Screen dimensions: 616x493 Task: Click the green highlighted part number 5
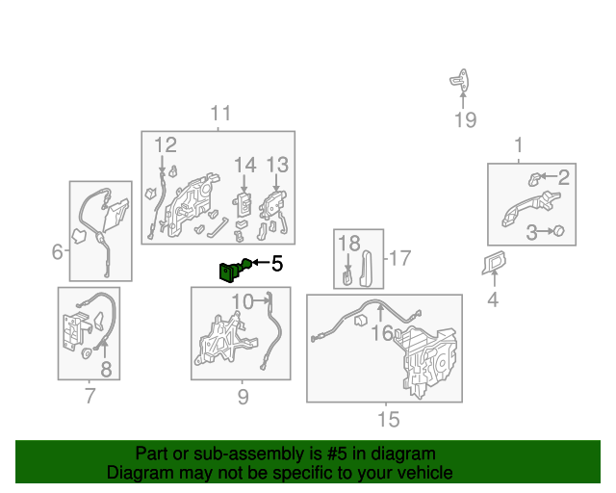point(235,270)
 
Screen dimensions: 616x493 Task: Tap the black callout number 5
point(277,264)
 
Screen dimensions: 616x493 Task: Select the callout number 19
point(466,120)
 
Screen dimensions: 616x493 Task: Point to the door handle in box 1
point(530,207)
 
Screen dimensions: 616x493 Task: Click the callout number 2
point(564,177)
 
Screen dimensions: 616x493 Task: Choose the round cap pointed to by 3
point(558,231)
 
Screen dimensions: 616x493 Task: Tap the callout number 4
point(493,299)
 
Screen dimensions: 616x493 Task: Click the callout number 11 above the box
point(220,114)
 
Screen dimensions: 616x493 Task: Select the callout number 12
point(166,144)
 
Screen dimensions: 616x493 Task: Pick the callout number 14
point(245,165)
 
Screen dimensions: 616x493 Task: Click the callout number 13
point(277,165)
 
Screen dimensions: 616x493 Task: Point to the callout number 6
point(58,251)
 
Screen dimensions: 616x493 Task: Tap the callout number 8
point(106,370)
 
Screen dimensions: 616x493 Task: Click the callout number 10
point(243,302)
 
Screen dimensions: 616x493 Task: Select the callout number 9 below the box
point(244,397)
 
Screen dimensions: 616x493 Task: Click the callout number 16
point(382,333)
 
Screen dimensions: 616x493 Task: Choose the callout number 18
point(348,244)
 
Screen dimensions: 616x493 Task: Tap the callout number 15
point(389,420)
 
